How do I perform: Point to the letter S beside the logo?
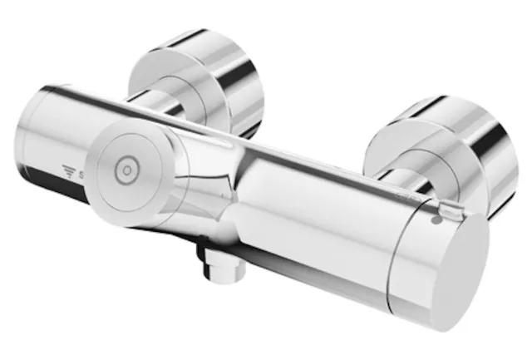(81, 174)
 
